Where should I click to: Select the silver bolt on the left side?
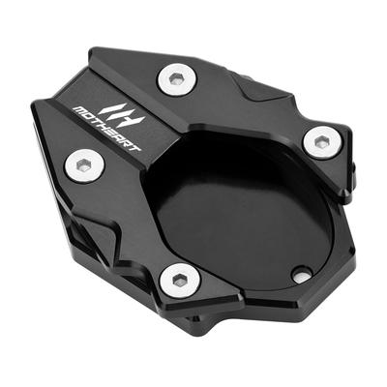(x=85, y=166)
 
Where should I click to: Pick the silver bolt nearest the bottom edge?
(x=178, y=280)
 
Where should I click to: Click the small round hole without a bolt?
(x=302, y=275)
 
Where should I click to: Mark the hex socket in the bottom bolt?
(x=178, y=280)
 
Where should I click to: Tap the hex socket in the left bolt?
(x=85, y=166)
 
